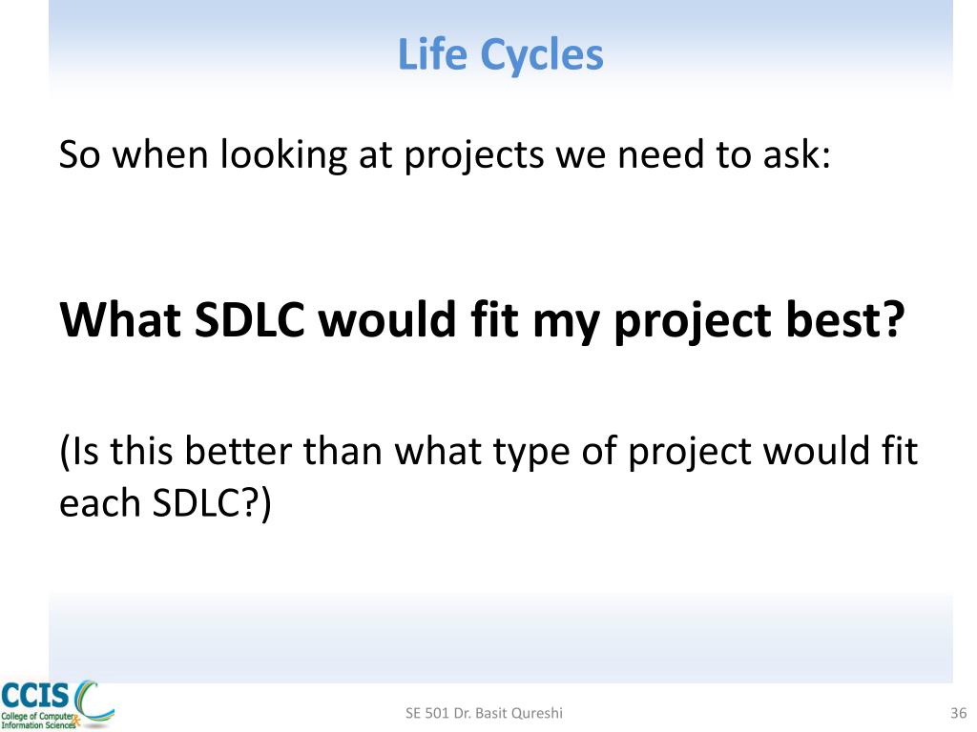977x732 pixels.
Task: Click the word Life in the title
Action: coord(432,54)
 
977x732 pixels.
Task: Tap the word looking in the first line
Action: coord(283,155)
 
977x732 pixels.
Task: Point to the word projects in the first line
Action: coord(473,156)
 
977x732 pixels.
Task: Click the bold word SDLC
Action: coord(249,319)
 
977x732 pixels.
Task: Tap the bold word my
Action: coord(566,324)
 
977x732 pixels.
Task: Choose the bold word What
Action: coord(120,319)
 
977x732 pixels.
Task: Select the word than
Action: coord(343,450)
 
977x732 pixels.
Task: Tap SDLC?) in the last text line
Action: coord(212,503)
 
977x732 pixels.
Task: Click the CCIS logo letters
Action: coord(35,695)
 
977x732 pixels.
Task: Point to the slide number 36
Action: coord(958,713)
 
